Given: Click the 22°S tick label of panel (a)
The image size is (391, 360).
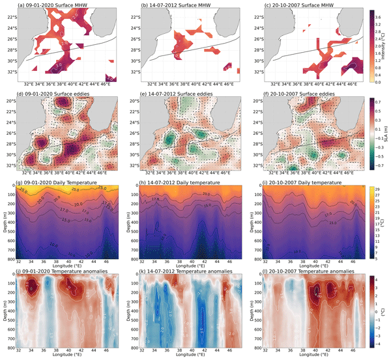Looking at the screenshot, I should click(12, 17).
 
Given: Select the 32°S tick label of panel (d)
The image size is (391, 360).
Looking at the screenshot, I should click(12, 165).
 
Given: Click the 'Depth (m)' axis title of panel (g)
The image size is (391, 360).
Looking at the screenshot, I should click(4, 221).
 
